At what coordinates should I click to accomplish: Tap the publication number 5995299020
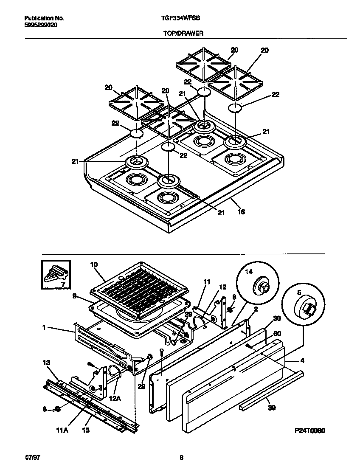pos(41,25)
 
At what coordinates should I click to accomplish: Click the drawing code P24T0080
pos(310,430)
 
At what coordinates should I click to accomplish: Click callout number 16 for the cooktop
pos(241,211)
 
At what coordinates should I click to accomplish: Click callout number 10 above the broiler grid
pos(94,264)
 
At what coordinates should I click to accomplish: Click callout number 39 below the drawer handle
pos(272,408)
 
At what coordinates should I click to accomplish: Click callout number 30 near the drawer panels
pos(277,318)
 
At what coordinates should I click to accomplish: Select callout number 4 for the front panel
pos(302,361)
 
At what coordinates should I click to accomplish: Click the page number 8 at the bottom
pos(181,457)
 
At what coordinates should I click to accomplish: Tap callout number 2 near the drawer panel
pos(256,309)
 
